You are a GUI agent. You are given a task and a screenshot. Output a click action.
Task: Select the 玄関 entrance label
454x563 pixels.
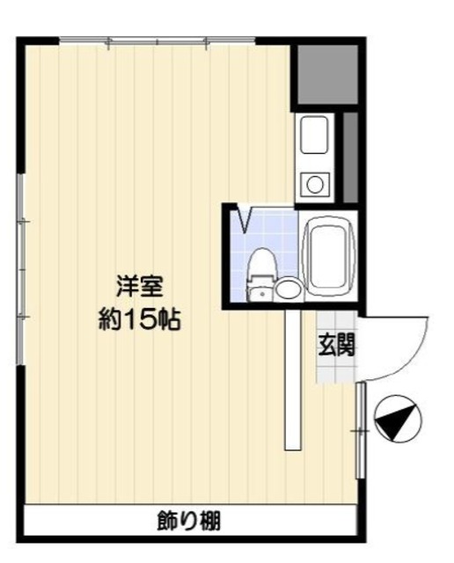tap(336, 345)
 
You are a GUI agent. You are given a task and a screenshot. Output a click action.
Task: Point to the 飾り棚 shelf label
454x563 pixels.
tap(189, 521)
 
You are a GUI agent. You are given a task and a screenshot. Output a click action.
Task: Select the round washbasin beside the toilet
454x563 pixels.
tap(288, 289)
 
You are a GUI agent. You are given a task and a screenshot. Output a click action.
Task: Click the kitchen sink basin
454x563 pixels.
tap(314, 137)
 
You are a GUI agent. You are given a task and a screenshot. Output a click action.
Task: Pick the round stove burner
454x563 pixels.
tap(314, 185)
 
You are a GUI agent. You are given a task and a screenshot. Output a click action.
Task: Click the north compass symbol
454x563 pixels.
tap(398, 420)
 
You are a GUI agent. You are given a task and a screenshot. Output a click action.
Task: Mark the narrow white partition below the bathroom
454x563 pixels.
tap(293, 378)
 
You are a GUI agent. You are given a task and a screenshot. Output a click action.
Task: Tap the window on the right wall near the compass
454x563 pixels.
tap(360, 430)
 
